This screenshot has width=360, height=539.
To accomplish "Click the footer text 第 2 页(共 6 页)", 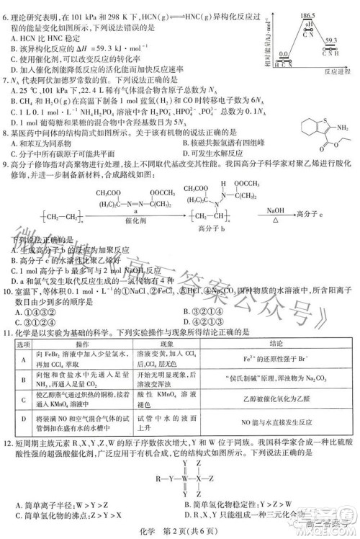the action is coord(197,530).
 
